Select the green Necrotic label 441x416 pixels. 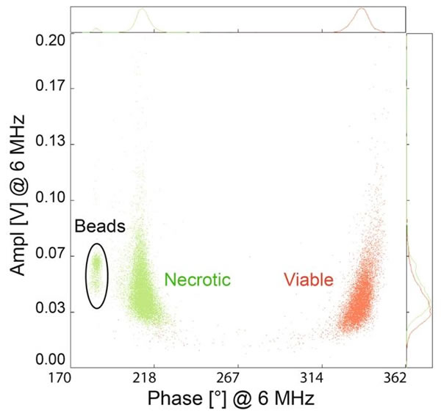[198, 280]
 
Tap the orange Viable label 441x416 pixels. [308, 280]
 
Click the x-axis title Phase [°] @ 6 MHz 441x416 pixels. [232, 400]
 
